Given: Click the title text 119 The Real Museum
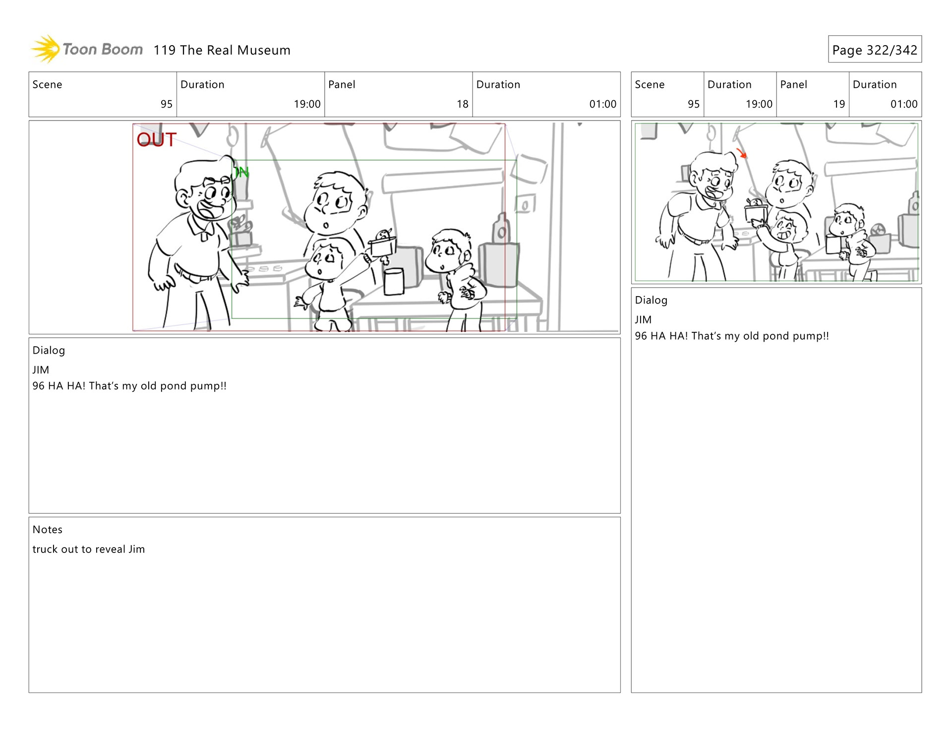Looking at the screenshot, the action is tap(222, 50).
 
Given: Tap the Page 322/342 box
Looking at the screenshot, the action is tap(875, 49).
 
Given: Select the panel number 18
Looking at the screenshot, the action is tap(462, 104).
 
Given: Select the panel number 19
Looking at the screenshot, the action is tap(839, 104).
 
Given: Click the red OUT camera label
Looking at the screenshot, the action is tap(157, 139).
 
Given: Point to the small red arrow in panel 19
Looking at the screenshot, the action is tap(742, 153).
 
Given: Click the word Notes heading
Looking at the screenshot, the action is tap(48, 529).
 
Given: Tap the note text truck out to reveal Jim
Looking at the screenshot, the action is tap(89, 549).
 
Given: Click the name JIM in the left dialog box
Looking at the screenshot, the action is tap(41, 370).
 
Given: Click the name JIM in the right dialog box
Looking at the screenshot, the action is tap(643, 320).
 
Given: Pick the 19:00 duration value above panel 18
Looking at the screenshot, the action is tap(307, 104).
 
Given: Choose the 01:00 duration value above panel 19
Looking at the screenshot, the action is tap(904, 104).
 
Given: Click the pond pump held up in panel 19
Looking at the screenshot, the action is tap(756, 210).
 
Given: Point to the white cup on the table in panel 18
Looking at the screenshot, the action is tap(394, 281).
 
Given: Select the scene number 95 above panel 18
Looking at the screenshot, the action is tap(167, 104).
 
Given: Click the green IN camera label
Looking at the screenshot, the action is tap(241, 172).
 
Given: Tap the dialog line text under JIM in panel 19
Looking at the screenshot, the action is tap(732, 336).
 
